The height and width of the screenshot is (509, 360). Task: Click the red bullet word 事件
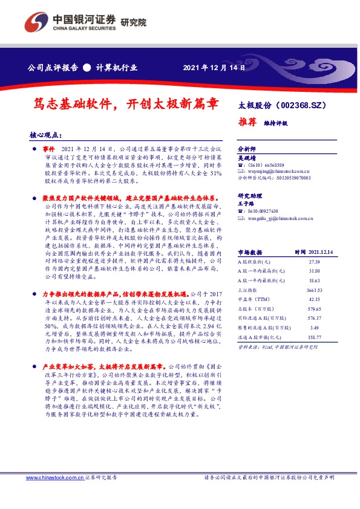tap(50, 148)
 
